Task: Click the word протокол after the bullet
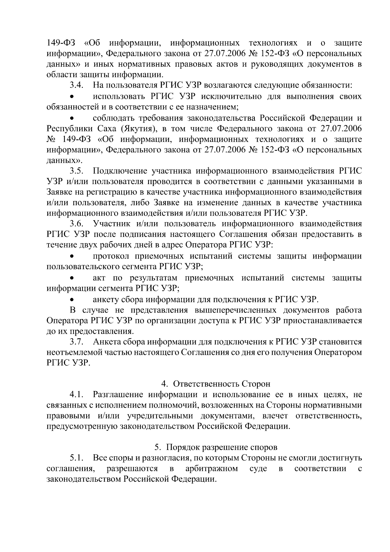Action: [111, 256]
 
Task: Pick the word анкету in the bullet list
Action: [105, 299]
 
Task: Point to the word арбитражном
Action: [211, 469]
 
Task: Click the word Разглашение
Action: [118, 395]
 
